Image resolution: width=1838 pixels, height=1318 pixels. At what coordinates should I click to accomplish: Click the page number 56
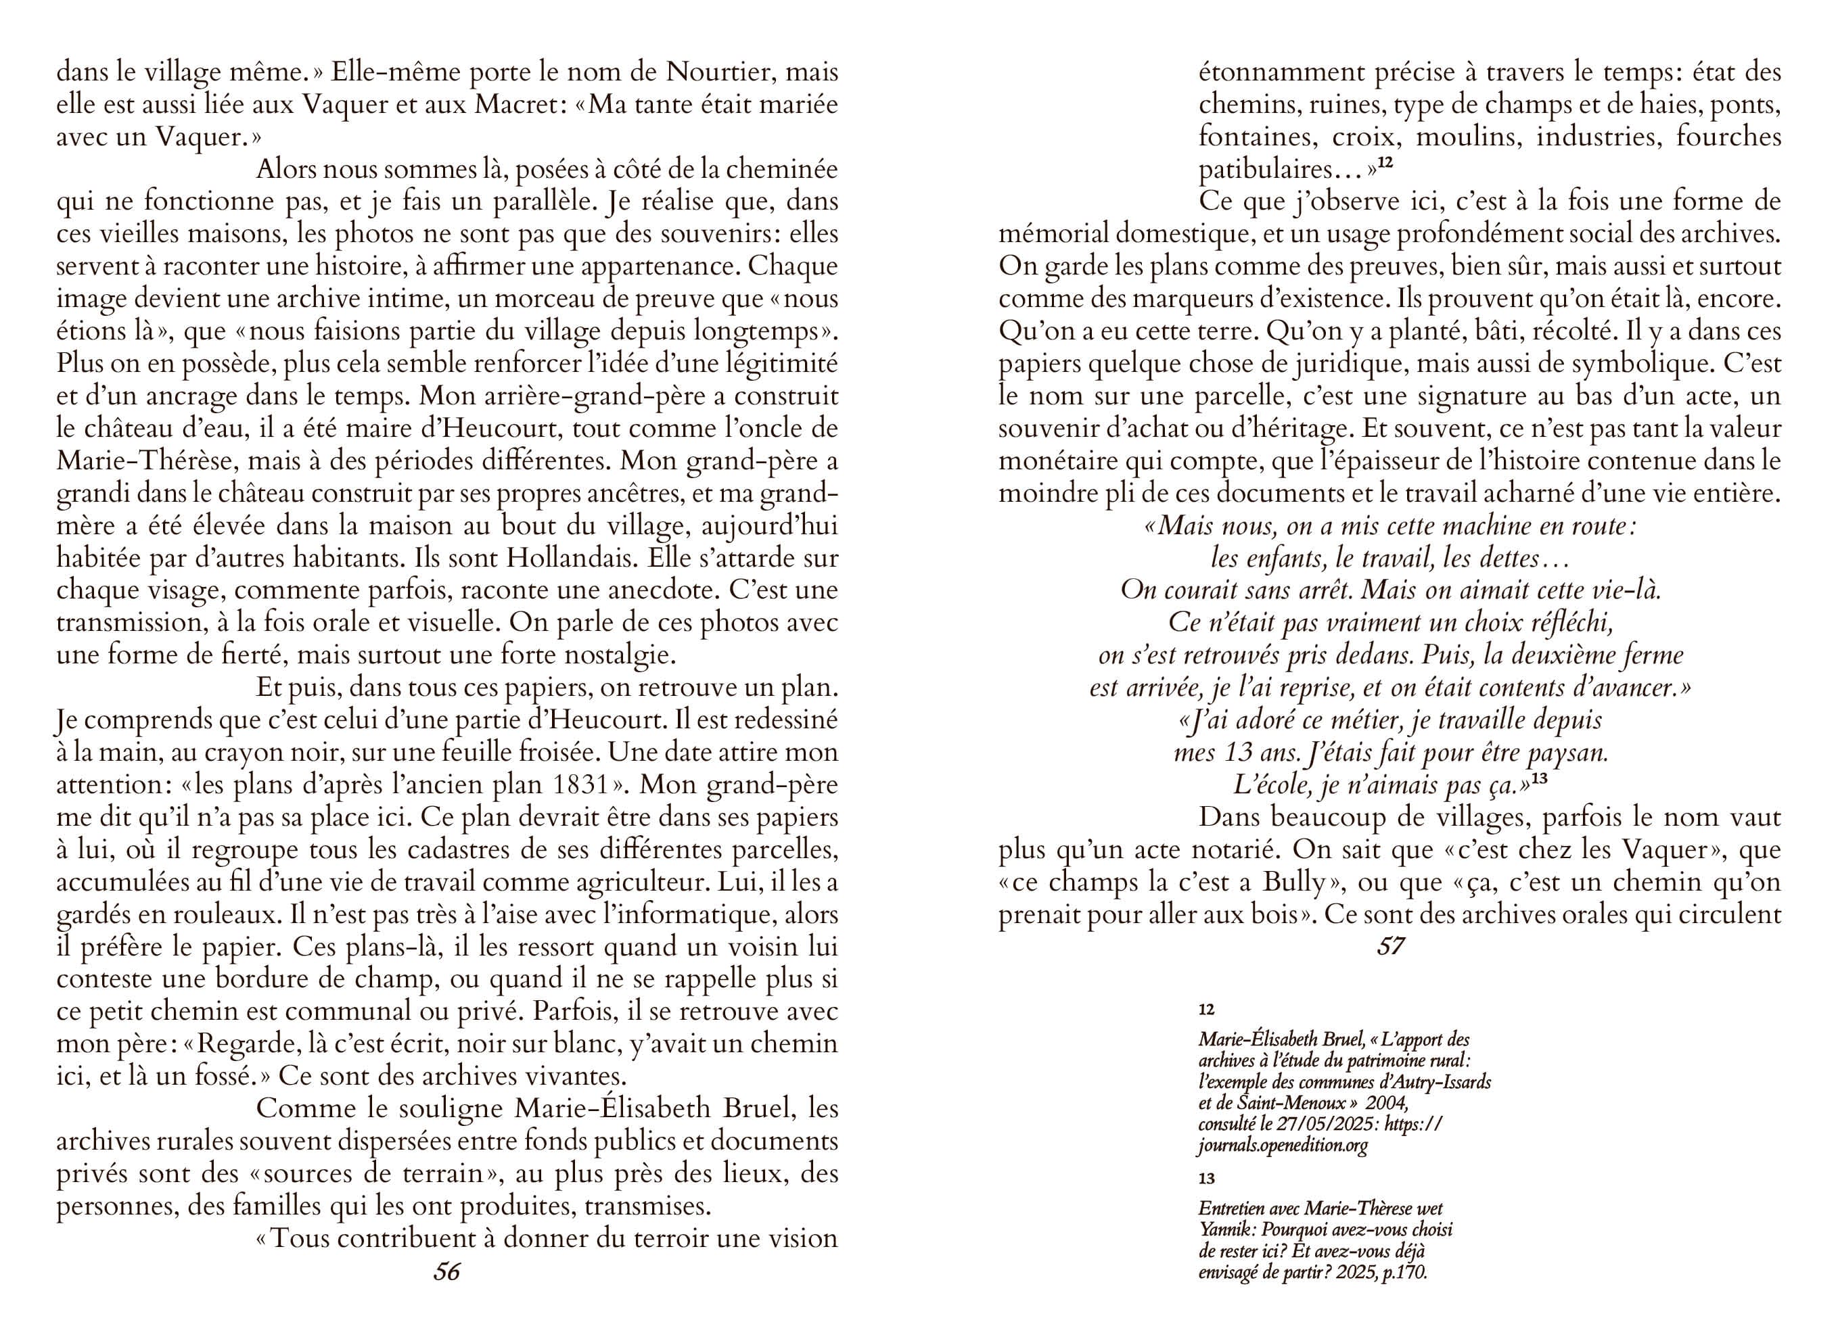coord(446,1272)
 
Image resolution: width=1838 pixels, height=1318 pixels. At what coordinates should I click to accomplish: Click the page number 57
coord(1390,946)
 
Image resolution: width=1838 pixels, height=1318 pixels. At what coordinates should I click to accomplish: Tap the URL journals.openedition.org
coord(1283,1146)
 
